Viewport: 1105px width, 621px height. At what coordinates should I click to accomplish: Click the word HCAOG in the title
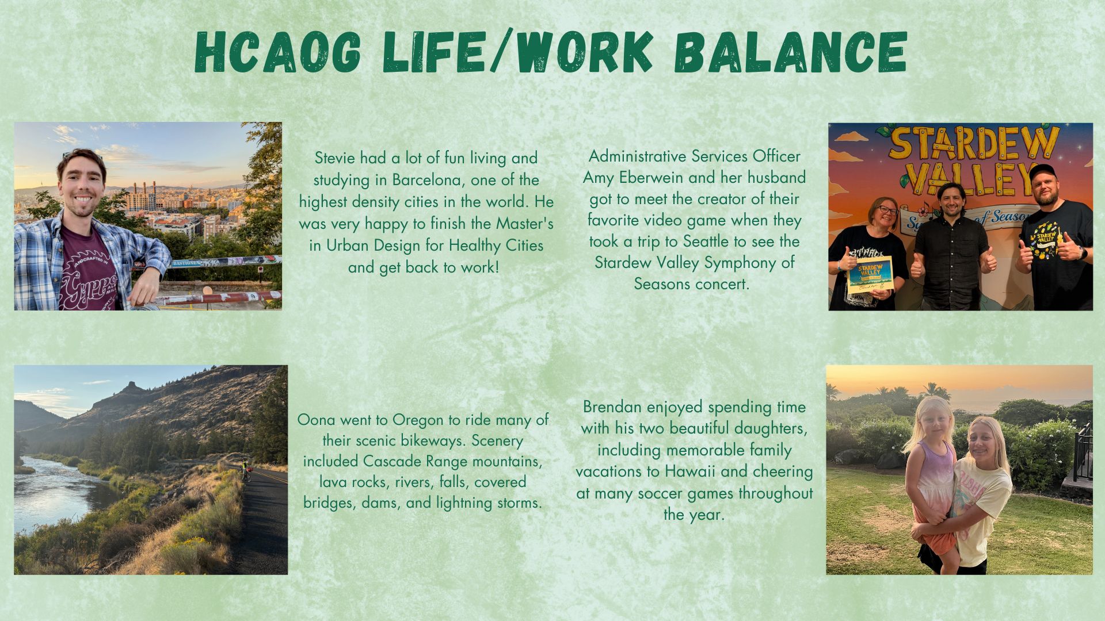[278, 52]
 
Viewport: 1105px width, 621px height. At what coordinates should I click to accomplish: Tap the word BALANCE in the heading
[790, 52]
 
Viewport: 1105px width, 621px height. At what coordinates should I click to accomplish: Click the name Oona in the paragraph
[314, 420]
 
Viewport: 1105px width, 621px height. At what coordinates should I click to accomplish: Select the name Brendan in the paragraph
[612, 407]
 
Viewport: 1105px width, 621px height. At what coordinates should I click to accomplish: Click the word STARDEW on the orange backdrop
[973, 144]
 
